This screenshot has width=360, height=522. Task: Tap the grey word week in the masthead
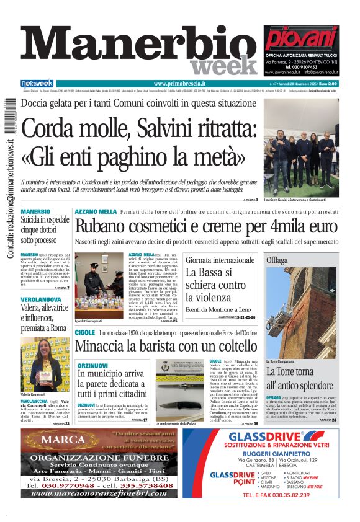[224, 66]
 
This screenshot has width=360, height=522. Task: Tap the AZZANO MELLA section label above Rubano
[96, 212]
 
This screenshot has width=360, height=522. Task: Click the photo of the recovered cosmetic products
[99, 284]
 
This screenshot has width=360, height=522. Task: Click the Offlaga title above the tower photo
[277, 260]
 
